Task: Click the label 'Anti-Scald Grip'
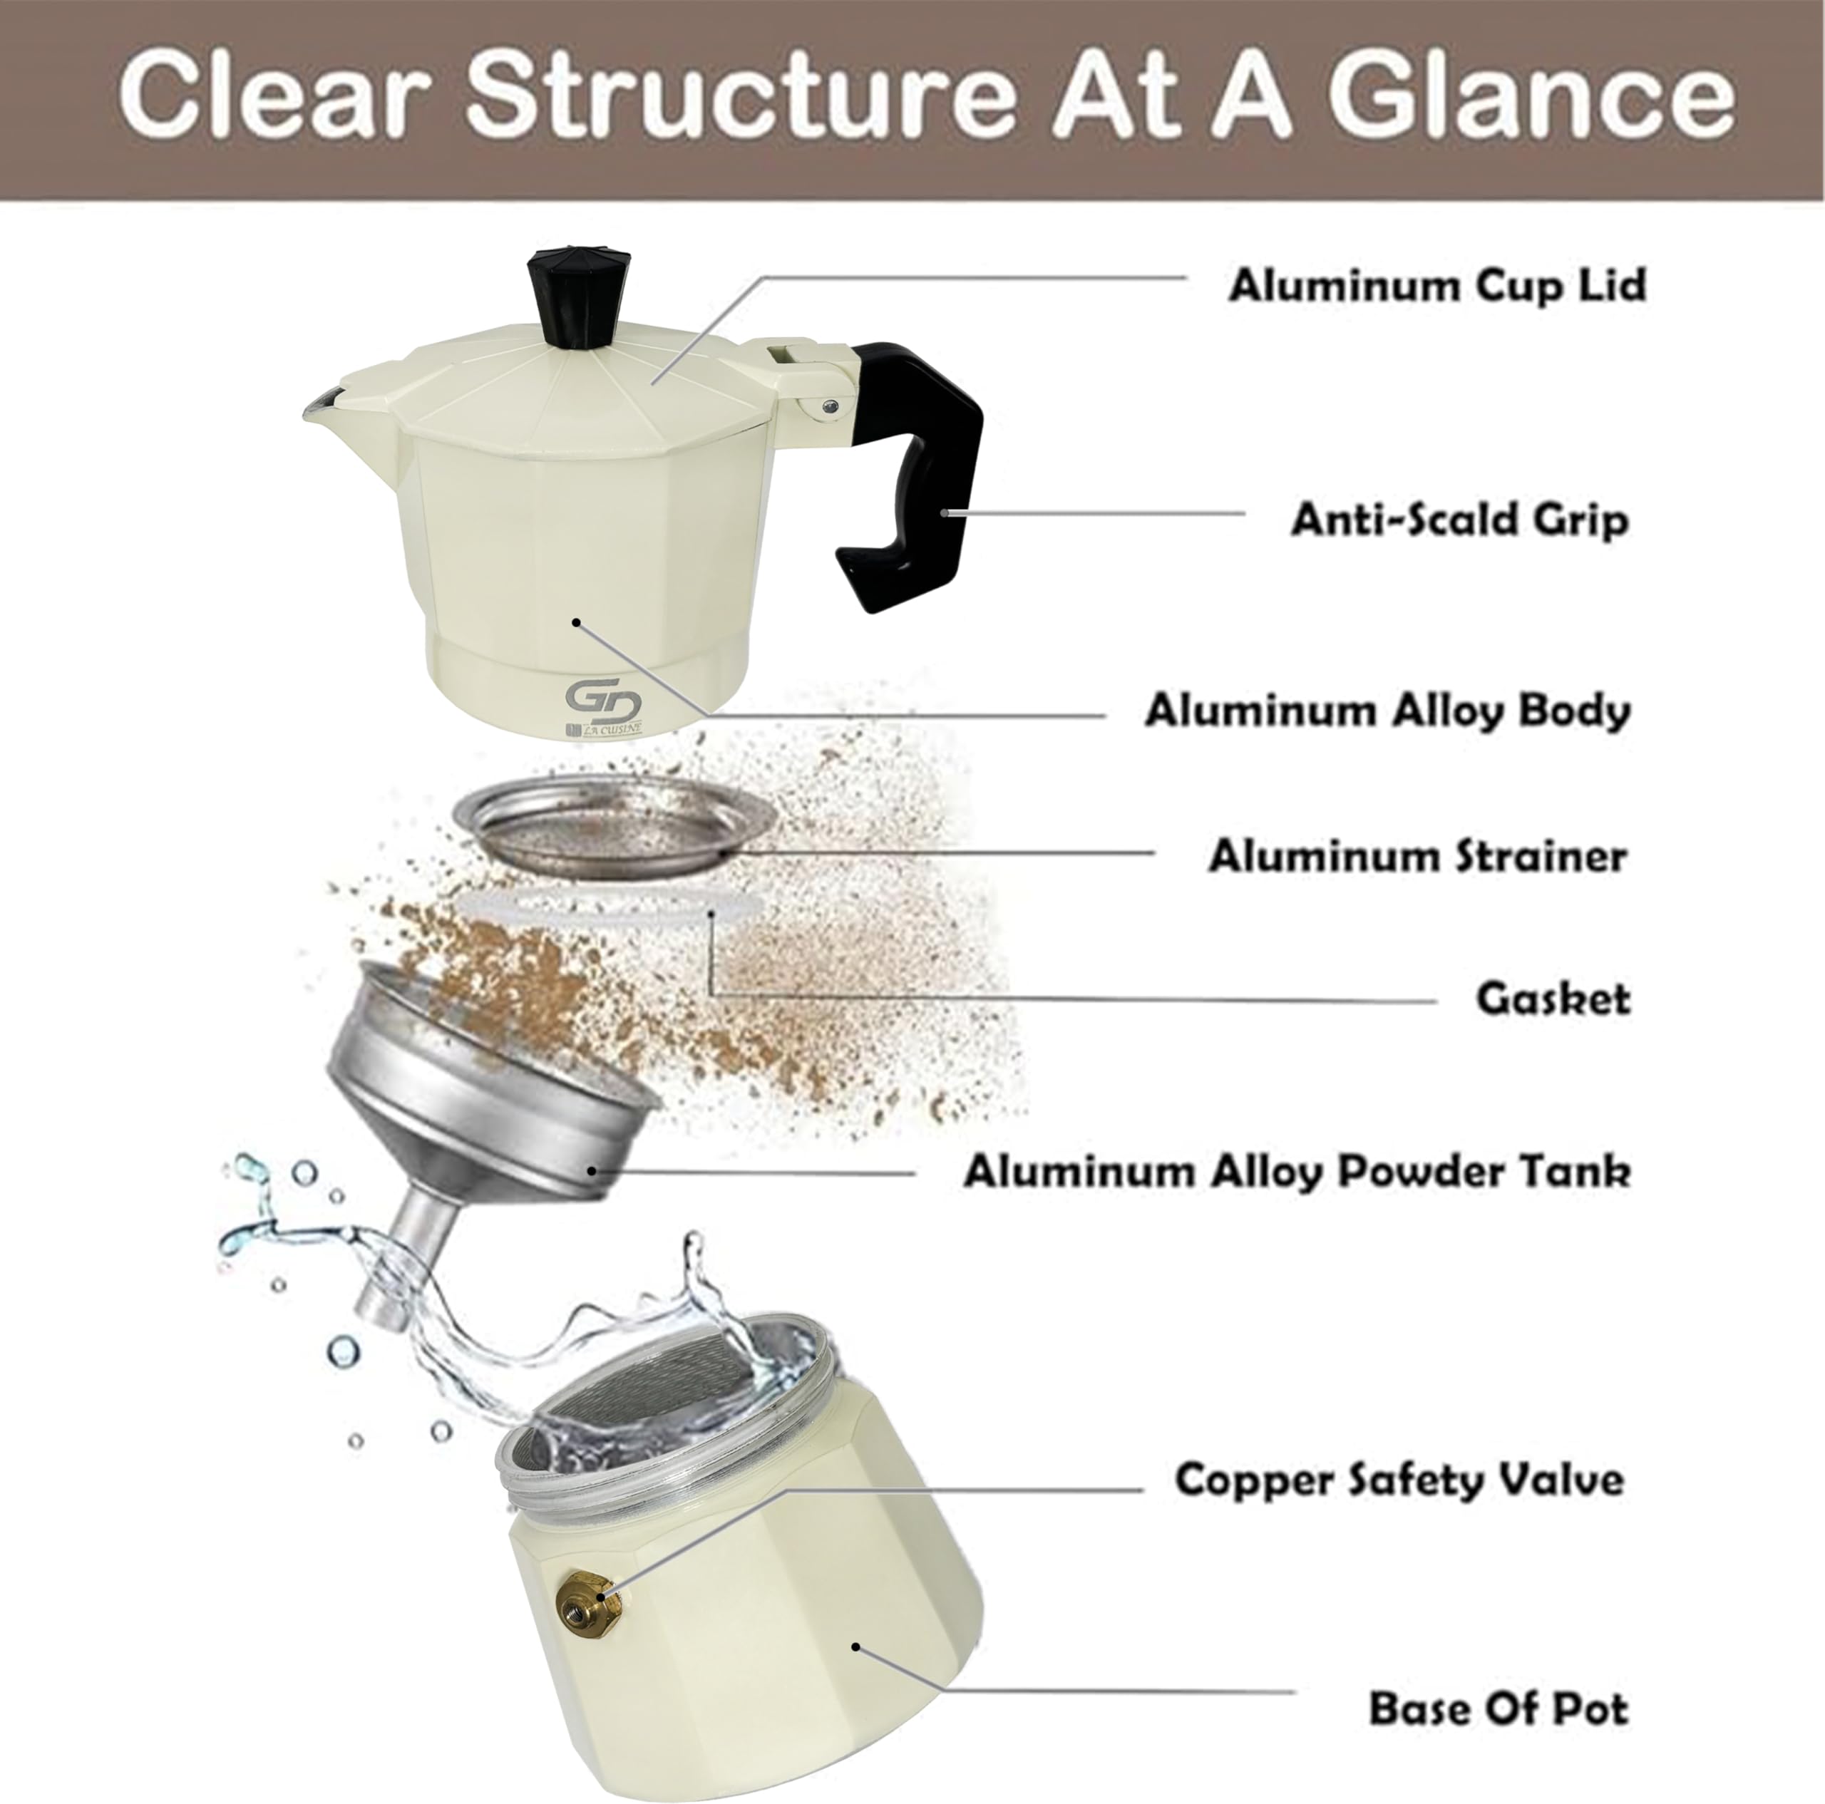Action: (1459, 520)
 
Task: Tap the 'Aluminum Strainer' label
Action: (1417, 857)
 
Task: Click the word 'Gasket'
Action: (1553, 999)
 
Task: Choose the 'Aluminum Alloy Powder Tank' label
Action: (1297, 1172)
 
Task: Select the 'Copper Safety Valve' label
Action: (1399, 1480)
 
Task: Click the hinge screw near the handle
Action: (828, 406)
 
